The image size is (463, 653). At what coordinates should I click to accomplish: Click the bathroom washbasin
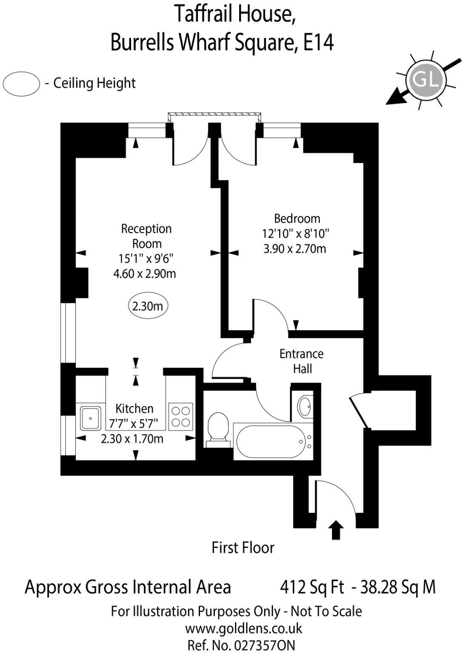(305, 406)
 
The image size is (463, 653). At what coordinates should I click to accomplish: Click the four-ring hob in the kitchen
(181, 416)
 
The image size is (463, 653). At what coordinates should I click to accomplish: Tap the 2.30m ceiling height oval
(148, 306)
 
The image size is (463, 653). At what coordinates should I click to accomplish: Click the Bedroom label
(297, 219)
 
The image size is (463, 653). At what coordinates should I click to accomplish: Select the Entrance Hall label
(302, 361)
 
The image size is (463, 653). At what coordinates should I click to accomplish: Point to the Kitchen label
(134, 409)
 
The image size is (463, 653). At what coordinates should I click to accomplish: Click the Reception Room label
(146, 236)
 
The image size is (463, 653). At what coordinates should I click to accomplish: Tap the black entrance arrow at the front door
(336, 530)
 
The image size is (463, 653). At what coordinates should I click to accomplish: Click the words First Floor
(243, 548)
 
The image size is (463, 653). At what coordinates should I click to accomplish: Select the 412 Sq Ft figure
(312, 587)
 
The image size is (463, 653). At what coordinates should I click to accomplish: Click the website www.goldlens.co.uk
(243, 628)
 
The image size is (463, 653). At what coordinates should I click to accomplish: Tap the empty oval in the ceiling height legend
(21, 83)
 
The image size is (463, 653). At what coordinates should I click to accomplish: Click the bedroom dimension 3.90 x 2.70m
(295, 249)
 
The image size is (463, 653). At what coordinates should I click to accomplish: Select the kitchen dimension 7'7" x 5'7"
(134, 424)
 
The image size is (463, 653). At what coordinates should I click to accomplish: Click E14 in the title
(318, 43)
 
